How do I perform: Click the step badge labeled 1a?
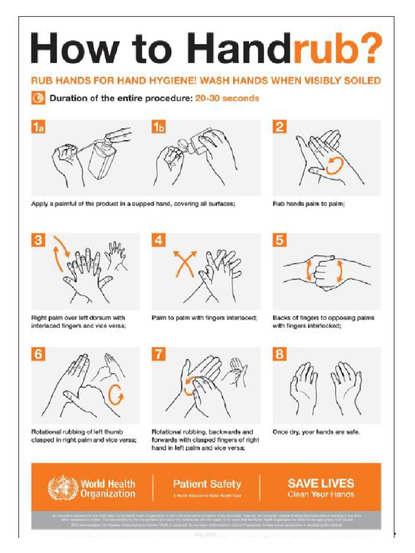coord(38,127)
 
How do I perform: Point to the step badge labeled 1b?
coord(158,127)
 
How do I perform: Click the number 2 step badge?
coord(279,127)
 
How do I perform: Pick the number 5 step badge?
coord(279,241)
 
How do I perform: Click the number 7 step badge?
coord(158,355)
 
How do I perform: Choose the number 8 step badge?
coord(279,355)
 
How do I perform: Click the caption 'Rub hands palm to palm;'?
coord(309,204)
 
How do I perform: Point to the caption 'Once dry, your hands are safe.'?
coord(316,432)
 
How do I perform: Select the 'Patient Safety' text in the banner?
coord(207,484)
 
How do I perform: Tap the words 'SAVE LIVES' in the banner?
coord(321,483)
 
